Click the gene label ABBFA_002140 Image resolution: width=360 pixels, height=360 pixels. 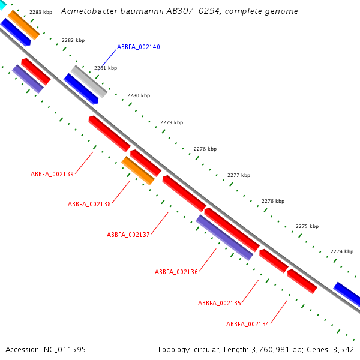pyautogui.click(x=139, y=47)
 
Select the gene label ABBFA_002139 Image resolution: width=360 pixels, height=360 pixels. pyautogui.click(x=52, y=174)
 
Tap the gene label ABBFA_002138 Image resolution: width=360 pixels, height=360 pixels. pyautogui.click(x=89, y=204)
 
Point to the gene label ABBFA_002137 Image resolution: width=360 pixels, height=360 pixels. pyautogui.click(x=128, y=235)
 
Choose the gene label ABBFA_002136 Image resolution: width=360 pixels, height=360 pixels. pyautogui.click(x=176, y=272)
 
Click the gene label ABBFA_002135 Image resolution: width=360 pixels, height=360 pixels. pyautogui.click(x=220, y=303)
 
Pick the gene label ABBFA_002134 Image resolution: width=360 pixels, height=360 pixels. pyautogui.click(x=247, y=324)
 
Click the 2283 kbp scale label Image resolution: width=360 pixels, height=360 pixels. pyautogui.click(x=41, y=12)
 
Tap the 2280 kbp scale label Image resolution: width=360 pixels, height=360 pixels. pyautogui.click(x=139, y=95)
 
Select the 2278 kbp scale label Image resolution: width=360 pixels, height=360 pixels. pyautogui.click(x=205, y=149)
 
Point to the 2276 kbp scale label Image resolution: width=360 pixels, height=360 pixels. pyautogui.click(x=273, y=201)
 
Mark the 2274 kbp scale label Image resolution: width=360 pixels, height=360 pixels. pyautogui.click(x=342, y=251)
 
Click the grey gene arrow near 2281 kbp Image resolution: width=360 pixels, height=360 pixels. pyautogui.click(x=89, y=82)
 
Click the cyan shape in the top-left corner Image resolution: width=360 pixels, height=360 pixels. pyautogui.click(x=2, y=5)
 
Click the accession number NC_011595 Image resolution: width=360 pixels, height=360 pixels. pyautogui.click(x=65, y=350)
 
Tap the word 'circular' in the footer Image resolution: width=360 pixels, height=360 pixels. pyautogui.click(x=206, y=350)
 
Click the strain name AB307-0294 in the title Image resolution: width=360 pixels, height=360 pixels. pyautogui.click(x=194, y=11)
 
